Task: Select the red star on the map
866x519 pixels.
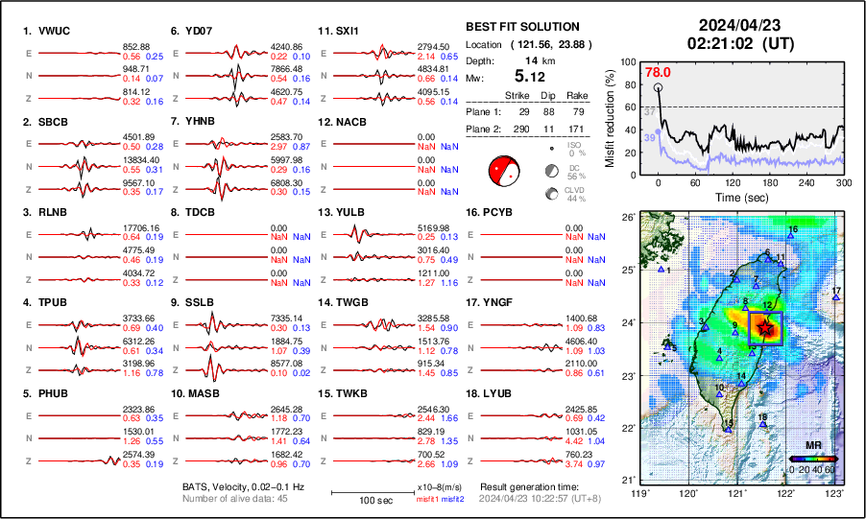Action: tap(764, 328)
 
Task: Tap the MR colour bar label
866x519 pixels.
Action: tap(812, 445)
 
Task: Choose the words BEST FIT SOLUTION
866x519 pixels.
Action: tap(522, 27)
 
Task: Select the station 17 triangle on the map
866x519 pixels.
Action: tap(836, 298)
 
